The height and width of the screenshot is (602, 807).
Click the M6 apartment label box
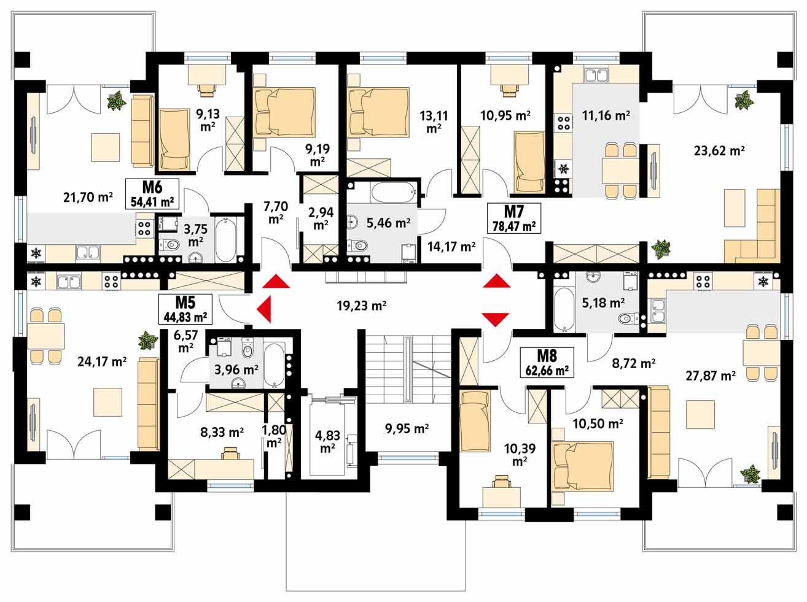[151, 193]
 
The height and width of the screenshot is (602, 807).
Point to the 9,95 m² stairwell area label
[407, 428]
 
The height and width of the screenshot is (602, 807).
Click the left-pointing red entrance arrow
[264, 307]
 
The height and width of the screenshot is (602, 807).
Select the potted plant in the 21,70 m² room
[115, 101]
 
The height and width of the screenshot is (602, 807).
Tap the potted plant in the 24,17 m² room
[147, 339]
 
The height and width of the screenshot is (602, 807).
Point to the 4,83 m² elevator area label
[326, 442]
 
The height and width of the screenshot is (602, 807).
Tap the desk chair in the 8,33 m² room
[230, 453]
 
